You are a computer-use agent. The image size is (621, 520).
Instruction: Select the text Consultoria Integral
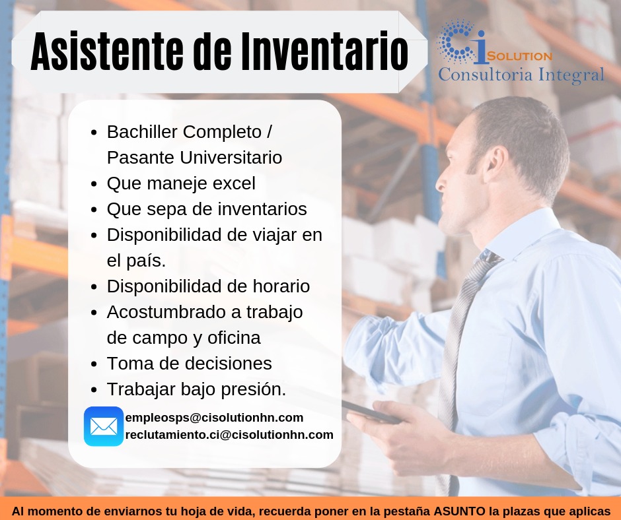521,75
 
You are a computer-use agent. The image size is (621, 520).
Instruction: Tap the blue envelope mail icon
104,426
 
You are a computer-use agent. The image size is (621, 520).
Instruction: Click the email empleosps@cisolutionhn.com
214,418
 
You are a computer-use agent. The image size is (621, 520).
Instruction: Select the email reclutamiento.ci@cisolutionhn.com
229,435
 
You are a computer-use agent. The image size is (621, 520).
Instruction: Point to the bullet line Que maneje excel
181,183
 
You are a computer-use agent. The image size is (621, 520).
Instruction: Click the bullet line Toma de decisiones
189,364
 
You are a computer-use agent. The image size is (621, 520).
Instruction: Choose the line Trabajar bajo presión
196,389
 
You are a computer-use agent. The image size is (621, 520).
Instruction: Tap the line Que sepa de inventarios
207,209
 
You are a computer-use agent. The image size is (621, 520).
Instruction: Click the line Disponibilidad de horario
208,286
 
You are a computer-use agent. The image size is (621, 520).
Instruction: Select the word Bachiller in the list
142,132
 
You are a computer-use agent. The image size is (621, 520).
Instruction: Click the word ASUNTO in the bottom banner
459,511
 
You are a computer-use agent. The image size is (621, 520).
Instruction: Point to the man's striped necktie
456,343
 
